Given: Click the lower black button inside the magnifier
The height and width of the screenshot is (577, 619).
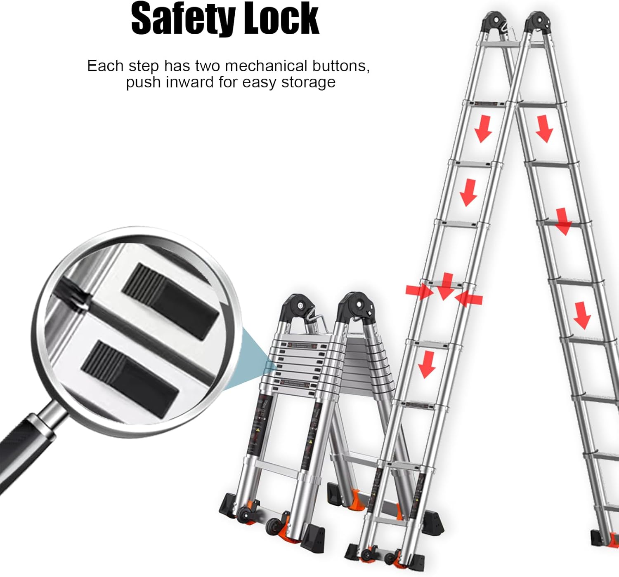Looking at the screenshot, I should tap(130, 378).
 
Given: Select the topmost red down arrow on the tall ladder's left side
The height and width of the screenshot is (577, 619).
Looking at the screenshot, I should tap(483, 129).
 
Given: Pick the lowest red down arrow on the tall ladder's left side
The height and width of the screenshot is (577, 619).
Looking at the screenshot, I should tap(427, 364).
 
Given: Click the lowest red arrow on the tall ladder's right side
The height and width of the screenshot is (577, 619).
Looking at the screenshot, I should tap(582, 315).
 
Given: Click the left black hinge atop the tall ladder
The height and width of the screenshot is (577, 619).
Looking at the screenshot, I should tap(494, 21).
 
